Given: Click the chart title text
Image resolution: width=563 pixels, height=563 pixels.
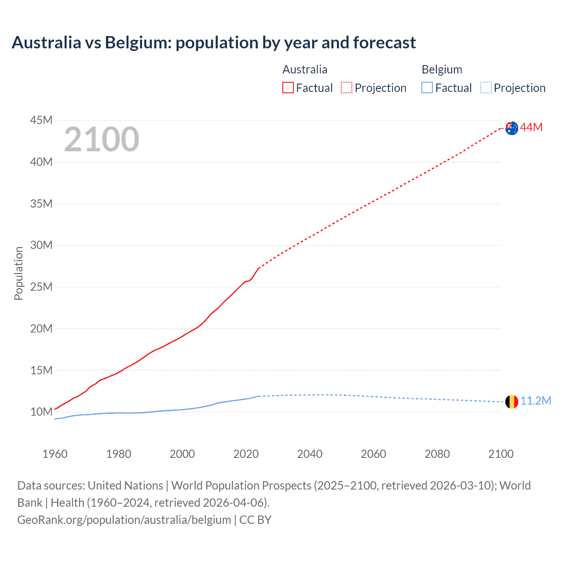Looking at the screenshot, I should click(214, 43).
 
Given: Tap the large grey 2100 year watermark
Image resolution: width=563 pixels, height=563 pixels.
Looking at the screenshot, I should click(102, 139).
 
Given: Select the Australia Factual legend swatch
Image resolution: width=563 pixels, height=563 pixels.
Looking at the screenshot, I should click(288, 88).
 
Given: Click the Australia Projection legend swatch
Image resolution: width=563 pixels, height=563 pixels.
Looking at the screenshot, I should click(347, 88).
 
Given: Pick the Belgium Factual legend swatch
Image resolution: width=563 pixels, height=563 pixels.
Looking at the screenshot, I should click(427, 88).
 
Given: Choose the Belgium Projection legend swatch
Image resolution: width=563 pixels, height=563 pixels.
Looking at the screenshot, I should click(486, 88).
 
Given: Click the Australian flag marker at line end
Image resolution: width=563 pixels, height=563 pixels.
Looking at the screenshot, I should click(512, 128).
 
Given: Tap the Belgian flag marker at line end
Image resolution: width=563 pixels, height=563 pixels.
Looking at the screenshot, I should click(512, 402).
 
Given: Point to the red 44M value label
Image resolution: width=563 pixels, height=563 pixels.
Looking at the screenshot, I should click(531, 128).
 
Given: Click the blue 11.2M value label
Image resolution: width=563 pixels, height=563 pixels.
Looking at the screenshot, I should click(536, 401).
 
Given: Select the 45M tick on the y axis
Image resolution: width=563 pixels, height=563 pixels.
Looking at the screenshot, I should click(41, 120).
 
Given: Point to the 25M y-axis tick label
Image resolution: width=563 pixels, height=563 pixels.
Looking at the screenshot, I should click(41, 287).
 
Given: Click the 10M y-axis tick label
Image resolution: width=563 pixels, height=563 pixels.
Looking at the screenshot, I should click(41, 412).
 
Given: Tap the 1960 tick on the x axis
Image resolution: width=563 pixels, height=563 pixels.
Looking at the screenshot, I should click(55, 454).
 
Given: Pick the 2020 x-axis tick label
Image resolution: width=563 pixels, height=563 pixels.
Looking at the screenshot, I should click(246, 454).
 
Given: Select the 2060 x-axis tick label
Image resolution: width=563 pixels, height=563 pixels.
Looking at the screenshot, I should click(373, 454).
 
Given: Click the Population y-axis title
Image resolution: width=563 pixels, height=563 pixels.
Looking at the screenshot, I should click(18, 273).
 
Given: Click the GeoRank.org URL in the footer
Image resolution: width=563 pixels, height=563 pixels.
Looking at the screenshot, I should click(124, 520).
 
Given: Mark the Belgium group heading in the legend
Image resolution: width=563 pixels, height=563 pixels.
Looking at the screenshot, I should click(442, 69).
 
